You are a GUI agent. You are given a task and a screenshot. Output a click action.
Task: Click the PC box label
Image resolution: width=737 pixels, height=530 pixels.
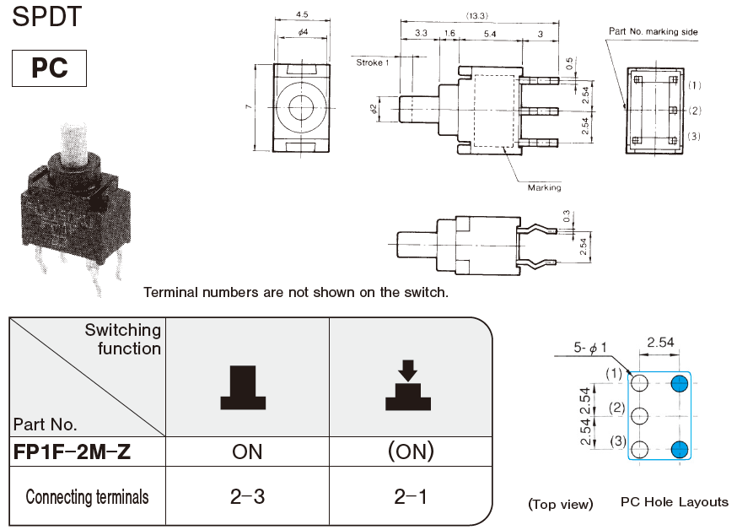coord(50,68)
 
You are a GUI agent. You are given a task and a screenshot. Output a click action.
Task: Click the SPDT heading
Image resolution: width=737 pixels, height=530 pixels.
coord(48,17)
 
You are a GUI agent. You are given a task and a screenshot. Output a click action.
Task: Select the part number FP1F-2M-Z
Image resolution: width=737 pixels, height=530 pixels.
coord(73,452)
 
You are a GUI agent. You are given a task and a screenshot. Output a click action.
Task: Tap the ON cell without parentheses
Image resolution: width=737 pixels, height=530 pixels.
coord(247,452)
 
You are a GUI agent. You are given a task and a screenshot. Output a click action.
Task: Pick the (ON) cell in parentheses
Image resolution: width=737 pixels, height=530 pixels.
coord(410,452)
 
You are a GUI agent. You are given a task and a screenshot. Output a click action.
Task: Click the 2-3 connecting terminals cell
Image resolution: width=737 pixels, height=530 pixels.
coord(247,496)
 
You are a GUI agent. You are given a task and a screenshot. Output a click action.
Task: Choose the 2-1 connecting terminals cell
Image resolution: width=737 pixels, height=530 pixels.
coord(410,496)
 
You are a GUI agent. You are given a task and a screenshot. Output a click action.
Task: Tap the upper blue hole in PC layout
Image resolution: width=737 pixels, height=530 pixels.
coord(680,385)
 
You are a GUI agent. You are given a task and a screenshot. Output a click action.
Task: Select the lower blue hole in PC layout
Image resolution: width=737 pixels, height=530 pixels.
coord(680,448)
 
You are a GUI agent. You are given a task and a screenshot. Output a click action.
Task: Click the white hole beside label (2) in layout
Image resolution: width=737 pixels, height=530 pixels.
coord(642,416)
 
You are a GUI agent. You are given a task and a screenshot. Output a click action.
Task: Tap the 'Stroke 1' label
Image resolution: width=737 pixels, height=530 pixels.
coord(372,62)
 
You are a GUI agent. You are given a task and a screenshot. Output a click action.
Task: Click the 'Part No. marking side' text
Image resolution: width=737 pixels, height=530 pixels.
coord(654,32)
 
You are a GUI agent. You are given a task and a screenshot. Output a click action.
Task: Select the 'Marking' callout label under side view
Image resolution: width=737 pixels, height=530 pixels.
coord(544,187)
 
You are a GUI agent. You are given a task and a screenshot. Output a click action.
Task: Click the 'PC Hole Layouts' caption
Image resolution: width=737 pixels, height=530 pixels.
coord(674,502)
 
